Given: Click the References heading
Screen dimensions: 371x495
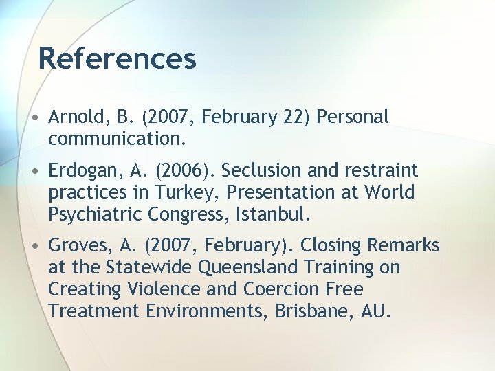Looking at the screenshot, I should [118, 58].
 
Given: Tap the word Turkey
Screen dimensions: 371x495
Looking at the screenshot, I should [197, 192].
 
